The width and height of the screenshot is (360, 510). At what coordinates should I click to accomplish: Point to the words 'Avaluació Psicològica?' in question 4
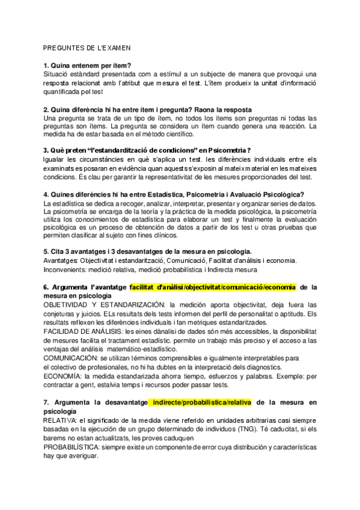266,194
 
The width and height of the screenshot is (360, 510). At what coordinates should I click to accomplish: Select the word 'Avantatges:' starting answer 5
60,260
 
